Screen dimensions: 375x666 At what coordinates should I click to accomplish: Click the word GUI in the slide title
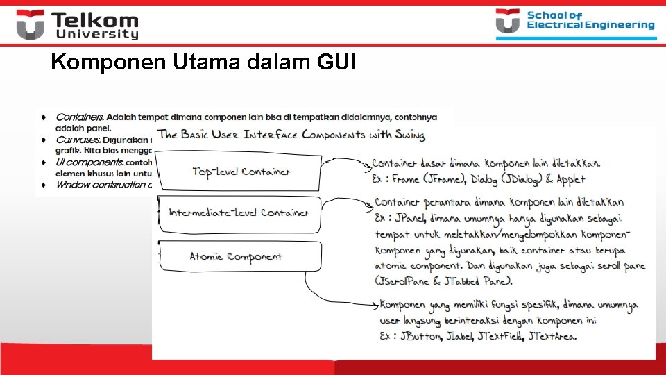pos(336,63)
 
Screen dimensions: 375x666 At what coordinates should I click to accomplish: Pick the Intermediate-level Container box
pos(239,212)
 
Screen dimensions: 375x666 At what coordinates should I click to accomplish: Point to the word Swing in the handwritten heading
pos(409,134)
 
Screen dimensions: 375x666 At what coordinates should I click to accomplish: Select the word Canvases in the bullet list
pos(78,140)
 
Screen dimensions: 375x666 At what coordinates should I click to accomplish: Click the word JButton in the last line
pos(420,336)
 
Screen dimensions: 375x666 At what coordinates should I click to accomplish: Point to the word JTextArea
pos(552,336)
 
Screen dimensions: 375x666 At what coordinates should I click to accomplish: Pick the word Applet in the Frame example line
pos(570,179)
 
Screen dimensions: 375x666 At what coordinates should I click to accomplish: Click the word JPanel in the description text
pos(412,217)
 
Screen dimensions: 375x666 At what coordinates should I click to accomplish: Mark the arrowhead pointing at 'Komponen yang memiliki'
pos(377,304)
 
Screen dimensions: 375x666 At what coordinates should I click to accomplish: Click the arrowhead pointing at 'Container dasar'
pos(368,166)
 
